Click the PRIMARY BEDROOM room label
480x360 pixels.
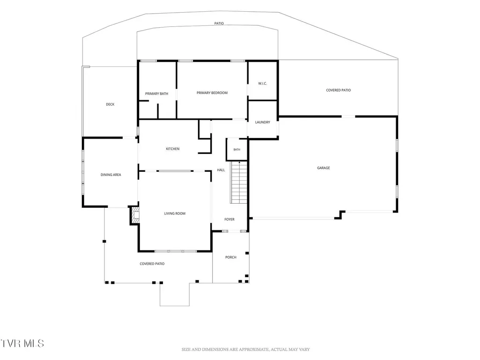(212, 93)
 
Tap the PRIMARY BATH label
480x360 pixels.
(156, 94)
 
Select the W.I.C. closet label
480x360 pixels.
(262, 84)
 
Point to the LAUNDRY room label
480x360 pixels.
(262, 122)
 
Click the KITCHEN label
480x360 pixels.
(173, 149)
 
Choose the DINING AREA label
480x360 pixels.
(111, 175)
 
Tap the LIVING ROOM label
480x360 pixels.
(175, 213)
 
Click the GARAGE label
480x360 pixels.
(323, 168)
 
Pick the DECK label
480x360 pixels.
(110, 104)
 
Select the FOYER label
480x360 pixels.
(229, 219)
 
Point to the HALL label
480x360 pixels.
(221, 170)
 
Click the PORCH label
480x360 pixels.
(231, 257)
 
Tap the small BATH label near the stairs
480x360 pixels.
(237, 150)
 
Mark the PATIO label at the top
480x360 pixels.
(219, 23)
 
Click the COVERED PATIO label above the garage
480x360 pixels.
(338, 90)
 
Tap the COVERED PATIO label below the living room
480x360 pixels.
(152, 264)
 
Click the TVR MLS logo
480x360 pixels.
(22, 343)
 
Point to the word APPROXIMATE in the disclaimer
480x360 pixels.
(254, 349)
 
